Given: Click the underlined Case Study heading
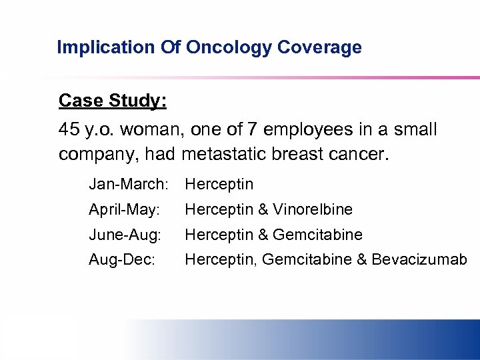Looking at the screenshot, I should pos(113,101).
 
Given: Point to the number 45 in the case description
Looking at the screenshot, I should pos(69,129).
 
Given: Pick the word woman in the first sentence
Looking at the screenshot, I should pos(147,129).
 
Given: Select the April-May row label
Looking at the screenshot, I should pos(124,209).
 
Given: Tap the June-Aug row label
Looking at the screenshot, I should pos(125,235).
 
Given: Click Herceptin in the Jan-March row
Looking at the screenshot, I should pos(219,184).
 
